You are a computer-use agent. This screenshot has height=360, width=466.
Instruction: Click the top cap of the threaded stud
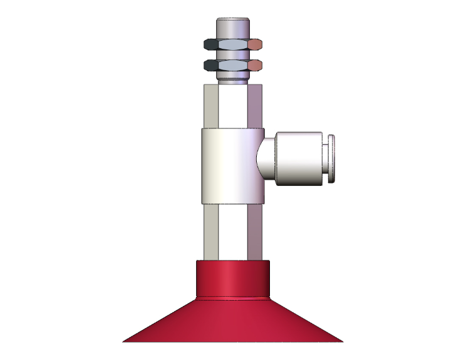pyautogui.click(x=233, y=28)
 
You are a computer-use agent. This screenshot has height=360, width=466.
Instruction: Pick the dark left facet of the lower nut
pyautogui.click(x=212, y=65)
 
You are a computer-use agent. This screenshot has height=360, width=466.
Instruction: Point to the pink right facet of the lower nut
pyautogui.click(x=256, y=65)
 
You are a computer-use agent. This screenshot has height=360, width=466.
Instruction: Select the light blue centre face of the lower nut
pyautogui.click(x=233, y=65)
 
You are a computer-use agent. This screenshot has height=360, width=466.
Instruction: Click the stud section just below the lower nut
pyautogui.click(x=233, y=76)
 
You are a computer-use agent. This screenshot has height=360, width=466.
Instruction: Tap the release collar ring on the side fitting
pyautogui.click(x=332, y=159)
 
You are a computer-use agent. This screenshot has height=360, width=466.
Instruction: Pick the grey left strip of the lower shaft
pyautogui.click(x=210, y=232)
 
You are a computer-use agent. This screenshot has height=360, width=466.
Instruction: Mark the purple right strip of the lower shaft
pyautogui.click(x=255, y=232)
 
